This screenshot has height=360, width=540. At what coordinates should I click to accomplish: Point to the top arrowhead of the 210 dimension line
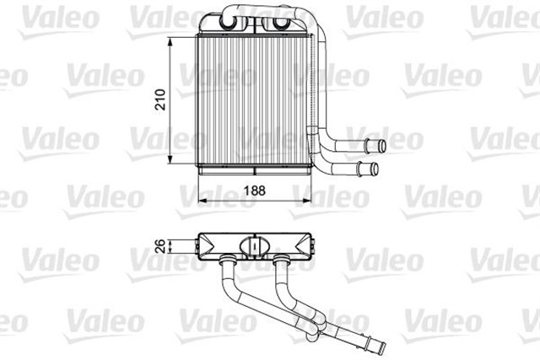point(173,40)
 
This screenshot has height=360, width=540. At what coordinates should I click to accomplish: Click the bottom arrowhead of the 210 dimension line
point(173,162)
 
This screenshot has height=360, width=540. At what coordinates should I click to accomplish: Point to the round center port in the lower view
point(251,245)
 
